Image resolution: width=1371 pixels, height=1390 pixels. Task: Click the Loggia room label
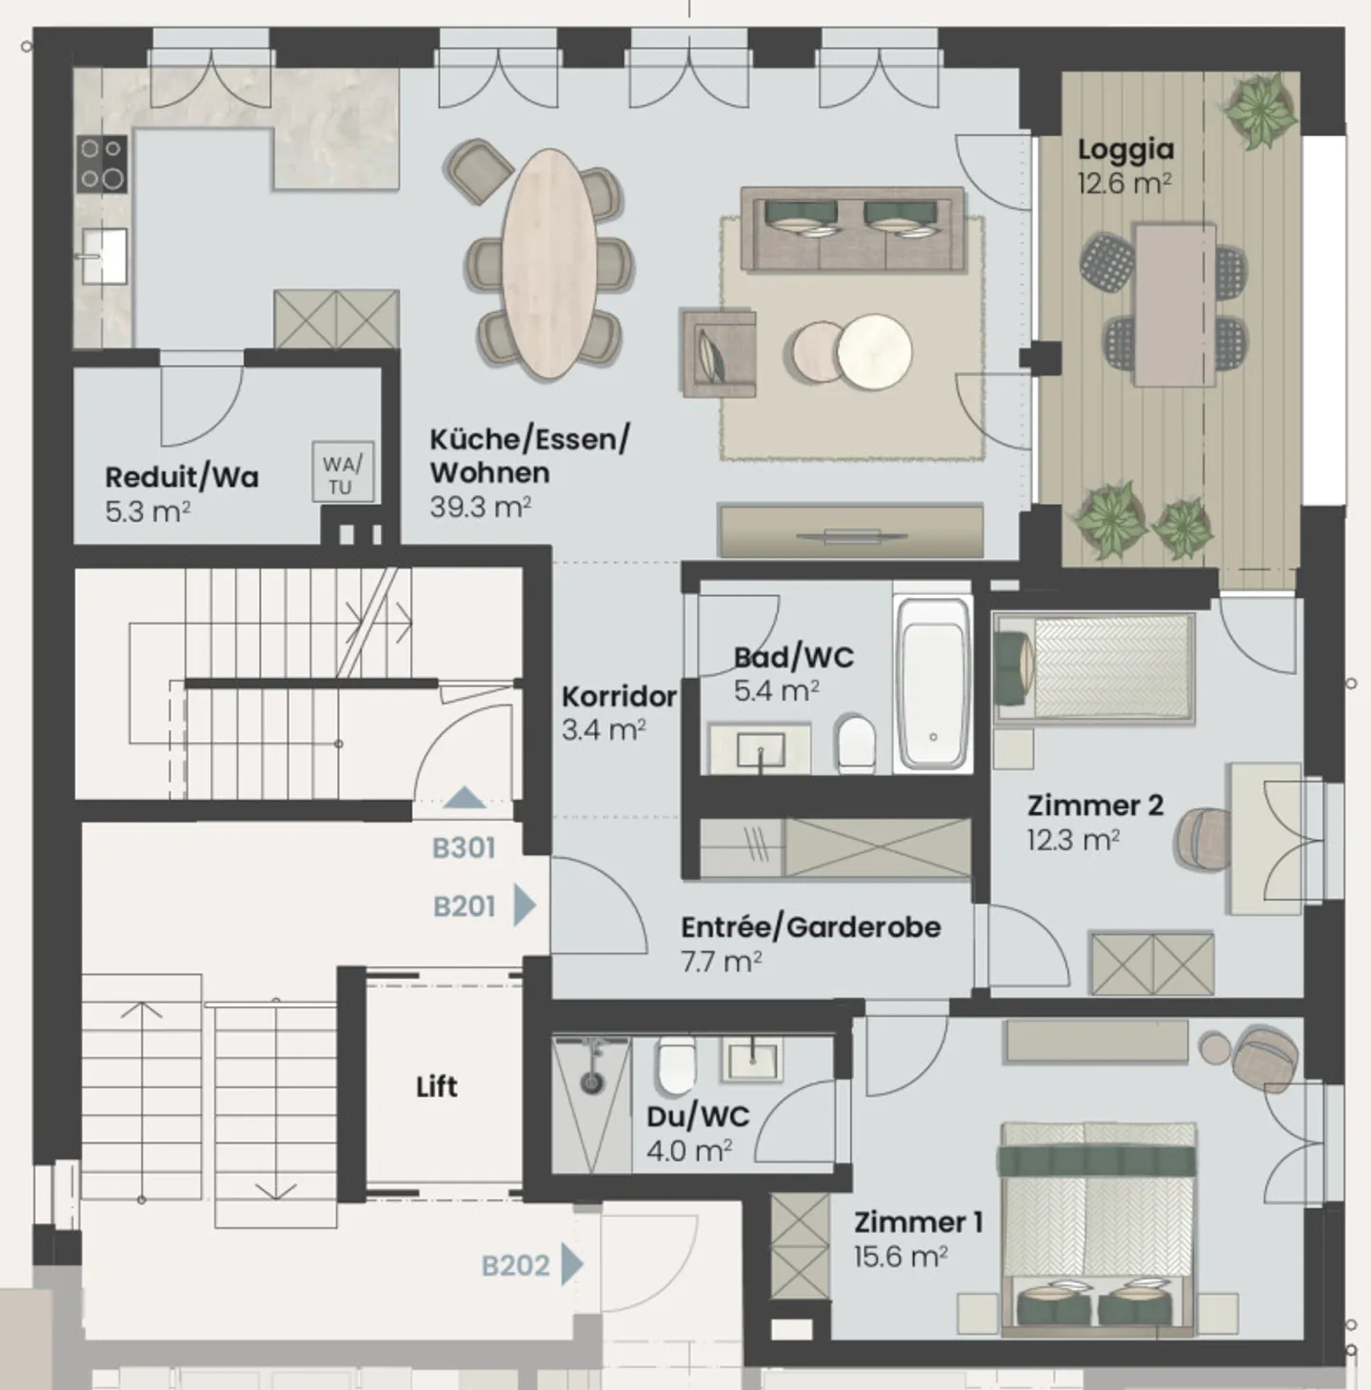tap(1125, 149)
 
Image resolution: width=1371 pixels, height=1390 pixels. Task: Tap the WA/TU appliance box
tap(343, 474)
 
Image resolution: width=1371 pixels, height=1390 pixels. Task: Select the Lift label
tap(436, 1086)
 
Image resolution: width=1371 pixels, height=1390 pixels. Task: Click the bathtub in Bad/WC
tap(933, 683)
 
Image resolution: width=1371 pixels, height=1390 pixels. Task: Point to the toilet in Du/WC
tap(676, 1065)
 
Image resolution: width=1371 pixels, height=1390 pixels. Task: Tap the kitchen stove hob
tap(102, 164)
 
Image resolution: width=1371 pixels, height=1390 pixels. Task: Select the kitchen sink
tap(103, 254)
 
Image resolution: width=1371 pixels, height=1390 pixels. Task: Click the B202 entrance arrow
tap(571, 1265)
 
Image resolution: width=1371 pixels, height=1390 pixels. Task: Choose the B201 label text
tap(465, 906)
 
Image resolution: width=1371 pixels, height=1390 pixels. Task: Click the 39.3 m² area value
tap(480, 506)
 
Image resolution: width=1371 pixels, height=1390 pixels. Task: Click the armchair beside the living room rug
tap(719, 352)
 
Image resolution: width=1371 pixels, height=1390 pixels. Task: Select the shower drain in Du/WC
tap(591, 1082)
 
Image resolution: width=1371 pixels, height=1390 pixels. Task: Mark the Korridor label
tap(619, 696)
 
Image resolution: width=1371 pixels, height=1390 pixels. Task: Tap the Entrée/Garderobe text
tap(810, 926)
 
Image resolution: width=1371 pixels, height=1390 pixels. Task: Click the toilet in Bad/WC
tap(856, 743)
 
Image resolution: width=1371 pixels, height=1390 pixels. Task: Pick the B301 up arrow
tap(465, 798)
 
